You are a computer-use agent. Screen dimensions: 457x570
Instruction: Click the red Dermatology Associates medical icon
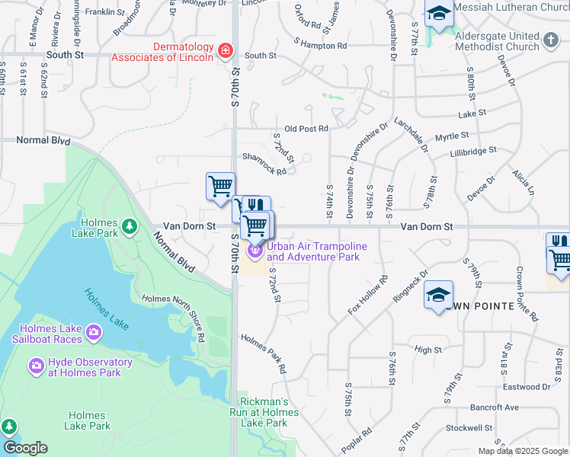point(226,51)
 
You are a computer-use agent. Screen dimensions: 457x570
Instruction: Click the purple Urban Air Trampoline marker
point(255,250)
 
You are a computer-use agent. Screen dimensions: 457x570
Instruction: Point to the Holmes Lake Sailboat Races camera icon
point(93,333)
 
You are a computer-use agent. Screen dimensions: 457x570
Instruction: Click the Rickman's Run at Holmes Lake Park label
point(264,412)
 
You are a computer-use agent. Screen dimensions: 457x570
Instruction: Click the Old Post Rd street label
point(306,129)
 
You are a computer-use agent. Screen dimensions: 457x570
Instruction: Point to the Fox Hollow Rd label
point(369,295)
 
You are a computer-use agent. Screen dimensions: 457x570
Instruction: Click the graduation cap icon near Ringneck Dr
point(439,295)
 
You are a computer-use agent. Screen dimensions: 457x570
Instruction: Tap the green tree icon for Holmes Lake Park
point(130,225)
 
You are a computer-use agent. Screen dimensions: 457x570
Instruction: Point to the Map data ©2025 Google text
point(523,451)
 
